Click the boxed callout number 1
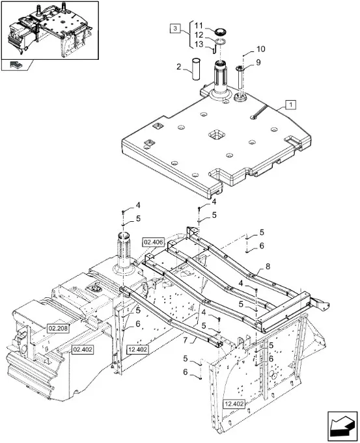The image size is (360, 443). [x=291, y=105]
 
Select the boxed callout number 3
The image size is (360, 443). [x=175, y=28]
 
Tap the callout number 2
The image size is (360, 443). [x=178, y=67]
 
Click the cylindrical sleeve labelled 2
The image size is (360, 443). [x=196, y=69]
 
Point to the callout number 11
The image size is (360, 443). [x=199, y=26]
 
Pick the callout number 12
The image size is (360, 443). [x=199, y=35]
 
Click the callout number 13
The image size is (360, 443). [x=199, y=44]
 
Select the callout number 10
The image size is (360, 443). [x=261, y=49]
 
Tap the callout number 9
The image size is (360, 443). [x=258, y=62]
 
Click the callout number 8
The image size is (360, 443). [x=268, y=267]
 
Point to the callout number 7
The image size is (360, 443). [x=186, y=341]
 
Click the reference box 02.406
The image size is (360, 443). [x=154, y=242]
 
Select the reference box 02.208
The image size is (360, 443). [x=58, y=329]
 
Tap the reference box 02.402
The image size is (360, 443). [x=83, y=349]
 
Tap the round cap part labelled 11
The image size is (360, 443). [x=221, y=32]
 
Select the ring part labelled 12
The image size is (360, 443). [x=220, y=42]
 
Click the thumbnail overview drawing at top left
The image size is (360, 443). [x=50, y=30]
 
